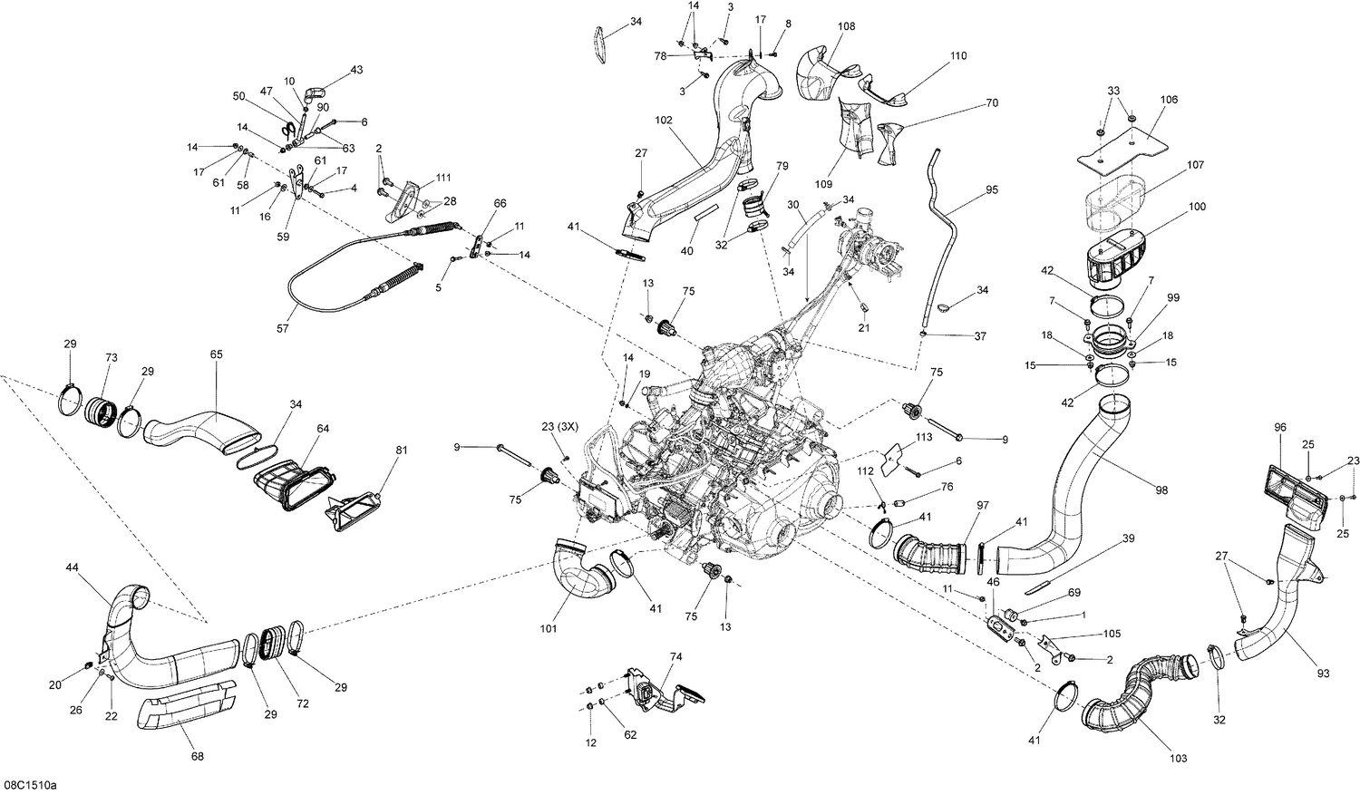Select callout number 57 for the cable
(283, 328)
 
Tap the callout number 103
(1178, 758)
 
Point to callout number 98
(1161, 490)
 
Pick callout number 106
(1169, 100)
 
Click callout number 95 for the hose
(991, 190)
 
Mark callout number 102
(665, 120)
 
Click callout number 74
(675, 656)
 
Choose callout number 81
(402, 450)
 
